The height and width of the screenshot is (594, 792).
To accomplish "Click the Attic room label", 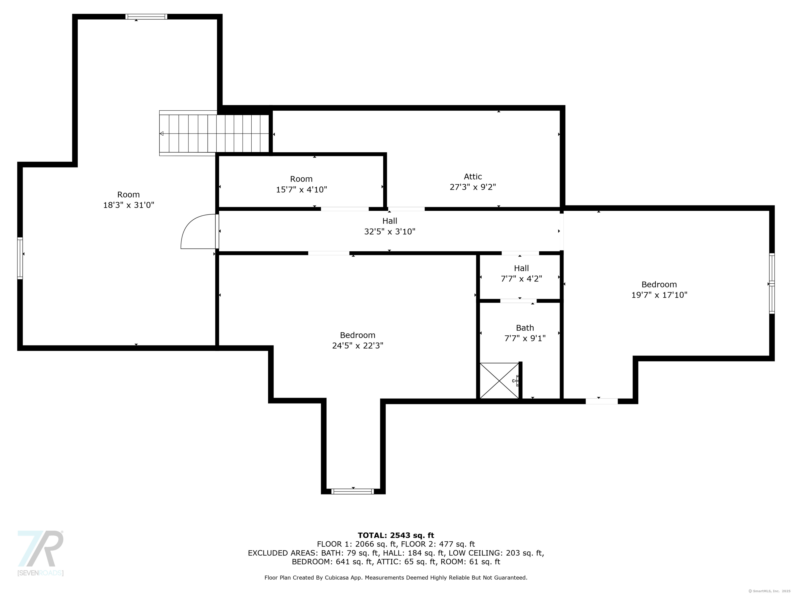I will coord(473,177).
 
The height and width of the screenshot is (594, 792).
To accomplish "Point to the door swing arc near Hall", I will coord(198,231).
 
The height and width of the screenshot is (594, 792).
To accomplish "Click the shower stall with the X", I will coord(499,381).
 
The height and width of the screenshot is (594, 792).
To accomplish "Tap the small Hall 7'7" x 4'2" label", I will coord(521,273).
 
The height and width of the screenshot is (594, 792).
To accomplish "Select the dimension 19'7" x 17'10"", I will coord(659,295).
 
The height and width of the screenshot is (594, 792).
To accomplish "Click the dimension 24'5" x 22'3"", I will coord(358,345).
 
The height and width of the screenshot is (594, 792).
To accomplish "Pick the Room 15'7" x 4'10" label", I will coord(301,184).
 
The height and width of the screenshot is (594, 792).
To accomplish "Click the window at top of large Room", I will coord(146,16).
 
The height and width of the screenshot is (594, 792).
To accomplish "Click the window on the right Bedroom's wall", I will coord(772,283).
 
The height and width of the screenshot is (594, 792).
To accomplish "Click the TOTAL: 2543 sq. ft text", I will coord(396,535).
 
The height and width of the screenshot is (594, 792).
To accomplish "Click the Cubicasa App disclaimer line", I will coord(396,577).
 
